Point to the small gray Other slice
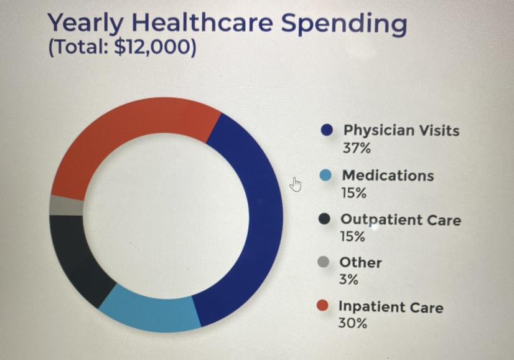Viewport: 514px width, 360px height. pos(66,206)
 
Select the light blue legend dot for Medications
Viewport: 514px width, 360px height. pos(325,176)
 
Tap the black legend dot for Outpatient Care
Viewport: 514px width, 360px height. pos(324,220)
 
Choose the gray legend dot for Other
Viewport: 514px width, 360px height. pos(323,262)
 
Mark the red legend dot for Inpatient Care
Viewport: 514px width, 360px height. pos(322,306)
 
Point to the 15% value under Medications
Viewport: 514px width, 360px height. pos(353,193)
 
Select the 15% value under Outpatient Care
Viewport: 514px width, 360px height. pos(353,237)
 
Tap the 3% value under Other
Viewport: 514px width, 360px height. pos(348,280)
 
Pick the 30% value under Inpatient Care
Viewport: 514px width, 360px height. pos(352,323)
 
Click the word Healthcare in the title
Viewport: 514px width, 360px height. pos(203,24)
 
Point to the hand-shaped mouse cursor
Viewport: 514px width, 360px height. pos(296,184)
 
